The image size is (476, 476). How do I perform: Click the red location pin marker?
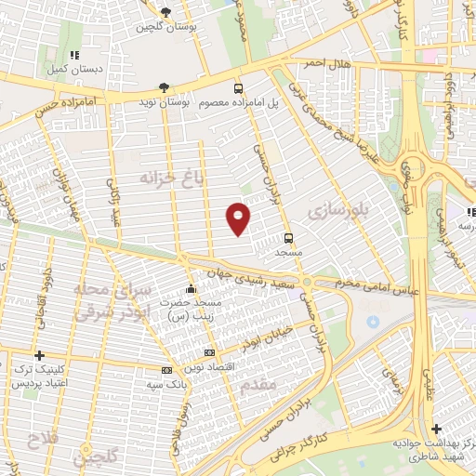click(239, 218)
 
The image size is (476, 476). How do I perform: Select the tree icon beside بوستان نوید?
click(164, 87)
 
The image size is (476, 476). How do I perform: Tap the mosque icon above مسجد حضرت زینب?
click(192, 288)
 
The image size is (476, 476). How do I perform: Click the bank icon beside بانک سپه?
click(166, 370)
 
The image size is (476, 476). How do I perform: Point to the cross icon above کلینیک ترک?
click(39, 355)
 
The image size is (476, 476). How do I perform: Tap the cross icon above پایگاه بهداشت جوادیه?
click(436, 429)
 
